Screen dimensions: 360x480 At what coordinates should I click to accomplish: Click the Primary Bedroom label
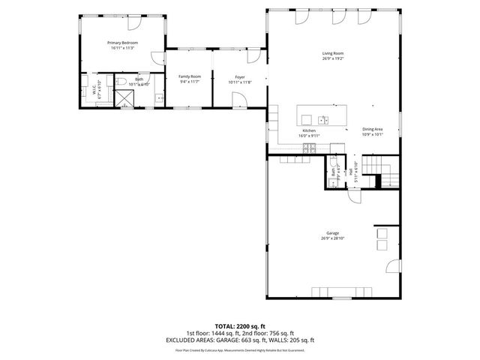(123, 43)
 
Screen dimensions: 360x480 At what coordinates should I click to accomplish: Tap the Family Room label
(189, 76)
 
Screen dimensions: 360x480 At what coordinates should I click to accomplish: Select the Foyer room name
(240, 76)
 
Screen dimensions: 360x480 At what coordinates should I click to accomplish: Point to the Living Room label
(333, 53)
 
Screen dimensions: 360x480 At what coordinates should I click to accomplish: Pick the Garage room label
(333, 233)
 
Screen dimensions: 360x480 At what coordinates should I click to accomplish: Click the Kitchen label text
(309, 130)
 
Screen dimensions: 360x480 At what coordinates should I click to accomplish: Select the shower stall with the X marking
(125, 99)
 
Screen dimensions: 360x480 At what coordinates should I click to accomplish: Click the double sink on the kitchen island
(322, 119)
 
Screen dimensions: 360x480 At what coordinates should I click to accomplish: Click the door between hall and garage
(353, 196)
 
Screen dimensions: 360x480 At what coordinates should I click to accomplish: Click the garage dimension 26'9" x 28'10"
(333, 238)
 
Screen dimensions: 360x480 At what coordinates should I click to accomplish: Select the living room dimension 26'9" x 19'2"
(333, 58)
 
